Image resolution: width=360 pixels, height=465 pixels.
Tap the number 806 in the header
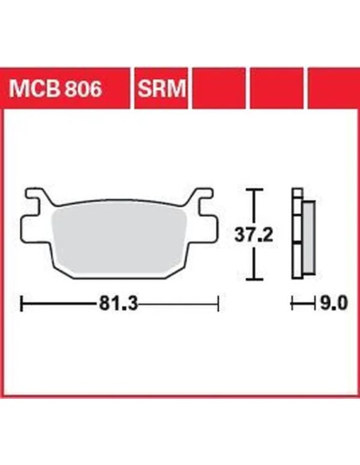tap(83, 88)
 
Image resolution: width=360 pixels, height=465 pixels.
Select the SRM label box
tap(161, 88)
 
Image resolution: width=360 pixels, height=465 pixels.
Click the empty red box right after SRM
tap(219, 88)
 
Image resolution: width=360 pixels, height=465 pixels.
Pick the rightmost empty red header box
tap(334, 88)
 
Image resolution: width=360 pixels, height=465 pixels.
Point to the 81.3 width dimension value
tap(118, 303)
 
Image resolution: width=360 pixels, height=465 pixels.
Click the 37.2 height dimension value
tap(253, 235)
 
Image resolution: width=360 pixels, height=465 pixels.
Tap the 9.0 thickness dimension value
tap(334, 303)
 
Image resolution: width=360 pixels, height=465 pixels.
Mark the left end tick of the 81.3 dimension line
tap(22, 303)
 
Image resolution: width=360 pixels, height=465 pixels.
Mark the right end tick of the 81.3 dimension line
tap(218, 303)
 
